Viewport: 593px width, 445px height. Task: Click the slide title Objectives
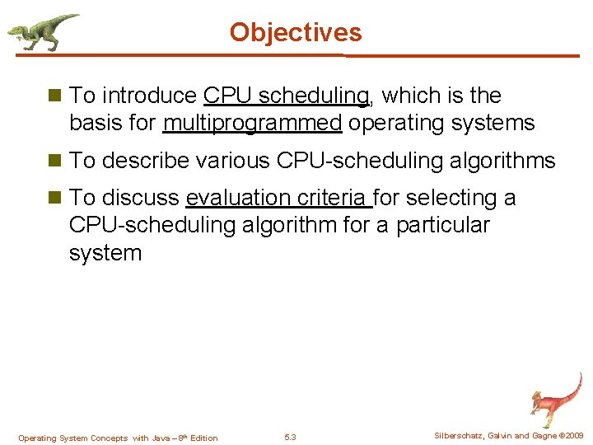pos(296,32)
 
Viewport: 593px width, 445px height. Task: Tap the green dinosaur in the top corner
pos(41,31)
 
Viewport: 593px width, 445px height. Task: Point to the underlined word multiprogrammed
pos(252,124)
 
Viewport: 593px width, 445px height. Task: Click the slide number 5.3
pos(290,437)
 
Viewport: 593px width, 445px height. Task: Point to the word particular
pos(442,225)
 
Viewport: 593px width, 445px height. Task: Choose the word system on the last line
pos(105,252)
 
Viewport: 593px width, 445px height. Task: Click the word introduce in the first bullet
pos(148,96)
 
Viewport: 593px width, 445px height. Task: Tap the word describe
pos(147,161)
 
